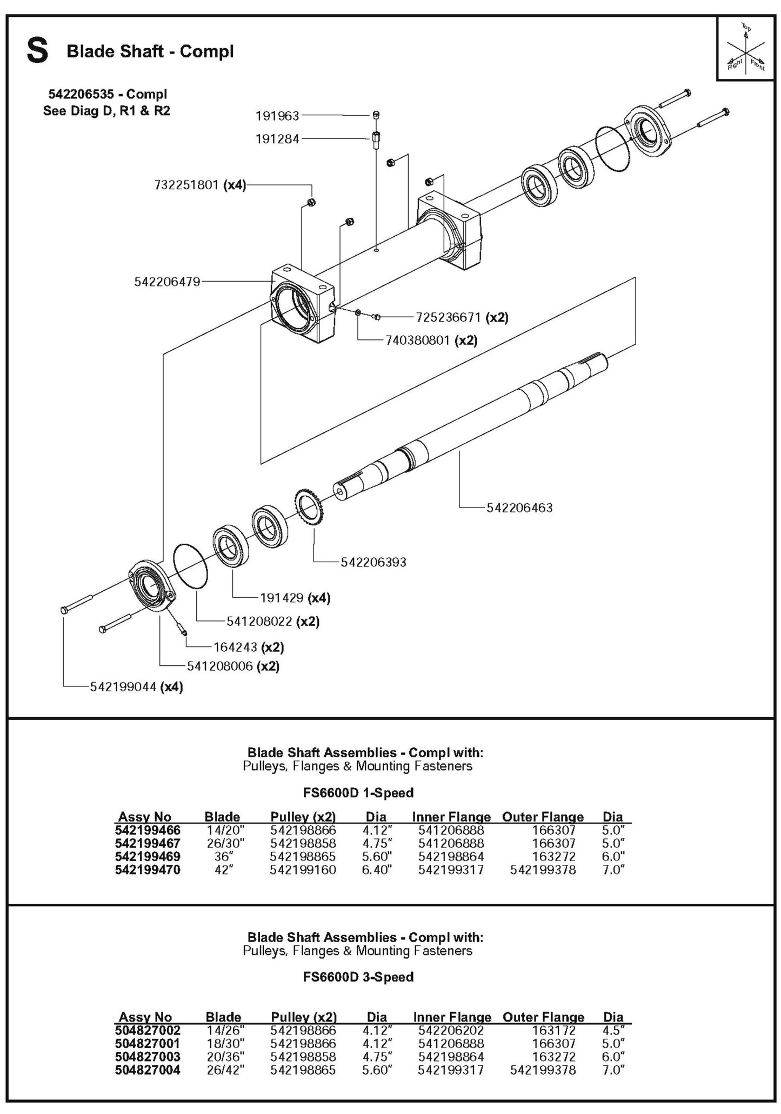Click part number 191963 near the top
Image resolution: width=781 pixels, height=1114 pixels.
click(277, 116)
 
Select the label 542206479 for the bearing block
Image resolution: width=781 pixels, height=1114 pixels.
click(167, 282)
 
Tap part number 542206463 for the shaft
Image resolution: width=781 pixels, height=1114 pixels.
click(519, 508)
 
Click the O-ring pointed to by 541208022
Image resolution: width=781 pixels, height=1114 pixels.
click(190, 566)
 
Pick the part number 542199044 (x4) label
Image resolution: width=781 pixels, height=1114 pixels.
click(136, 687)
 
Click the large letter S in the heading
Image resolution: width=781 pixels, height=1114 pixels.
click(37, 51)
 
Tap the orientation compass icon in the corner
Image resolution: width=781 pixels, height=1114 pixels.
click(746, 48)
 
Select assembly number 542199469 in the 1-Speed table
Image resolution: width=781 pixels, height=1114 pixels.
click(148, 857)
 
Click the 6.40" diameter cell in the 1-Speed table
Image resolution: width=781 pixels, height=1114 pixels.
click(376, 870)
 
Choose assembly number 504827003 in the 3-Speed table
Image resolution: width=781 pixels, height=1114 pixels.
click(148, 1057)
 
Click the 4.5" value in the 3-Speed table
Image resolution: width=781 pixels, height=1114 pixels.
click(613, 1030)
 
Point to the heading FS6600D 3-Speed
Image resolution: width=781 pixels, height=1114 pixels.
click(358, 977)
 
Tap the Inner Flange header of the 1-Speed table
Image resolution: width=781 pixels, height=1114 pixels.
click(451, 817)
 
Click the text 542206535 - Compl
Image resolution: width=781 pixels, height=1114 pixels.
click(108, 94)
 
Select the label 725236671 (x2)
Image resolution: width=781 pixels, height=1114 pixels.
click(462, 317)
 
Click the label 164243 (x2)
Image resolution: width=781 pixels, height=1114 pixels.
click(252, 647)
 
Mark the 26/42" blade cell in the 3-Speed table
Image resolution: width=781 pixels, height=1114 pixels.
click(224, 1070)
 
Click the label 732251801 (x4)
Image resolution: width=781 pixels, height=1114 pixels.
click(200, 185)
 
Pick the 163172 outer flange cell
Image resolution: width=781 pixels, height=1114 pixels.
click(553, 1030)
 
